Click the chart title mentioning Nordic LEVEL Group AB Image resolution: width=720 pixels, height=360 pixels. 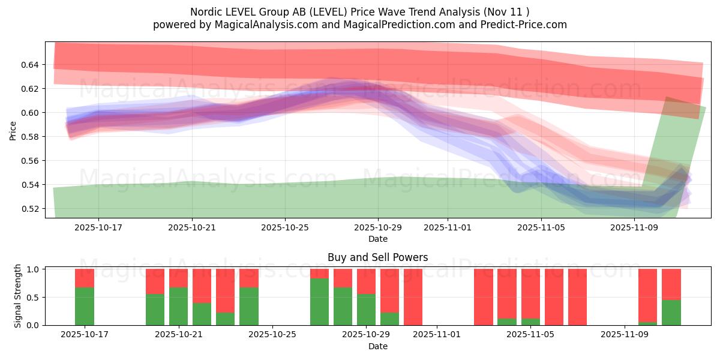pos(360,12)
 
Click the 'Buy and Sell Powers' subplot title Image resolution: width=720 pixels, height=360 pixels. pos(377,257)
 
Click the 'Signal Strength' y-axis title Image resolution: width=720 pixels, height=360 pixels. pos(18,296)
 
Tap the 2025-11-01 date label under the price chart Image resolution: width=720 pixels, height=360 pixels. pos(448,228)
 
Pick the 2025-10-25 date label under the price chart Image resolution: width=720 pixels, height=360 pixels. pos(285,228)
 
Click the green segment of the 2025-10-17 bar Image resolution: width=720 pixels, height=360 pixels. pos(85,307)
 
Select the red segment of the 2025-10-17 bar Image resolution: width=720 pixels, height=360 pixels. pos(85,278)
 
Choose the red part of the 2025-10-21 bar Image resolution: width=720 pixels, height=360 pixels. pos(179,278)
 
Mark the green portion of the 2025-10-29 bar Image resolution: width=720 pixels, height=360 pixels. pos(367,310)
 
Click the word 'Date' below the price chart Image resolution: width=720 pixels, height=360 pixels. pos(377,239)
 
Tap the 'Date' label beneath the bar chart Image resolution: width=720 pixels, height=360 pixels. pos(377,346)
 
